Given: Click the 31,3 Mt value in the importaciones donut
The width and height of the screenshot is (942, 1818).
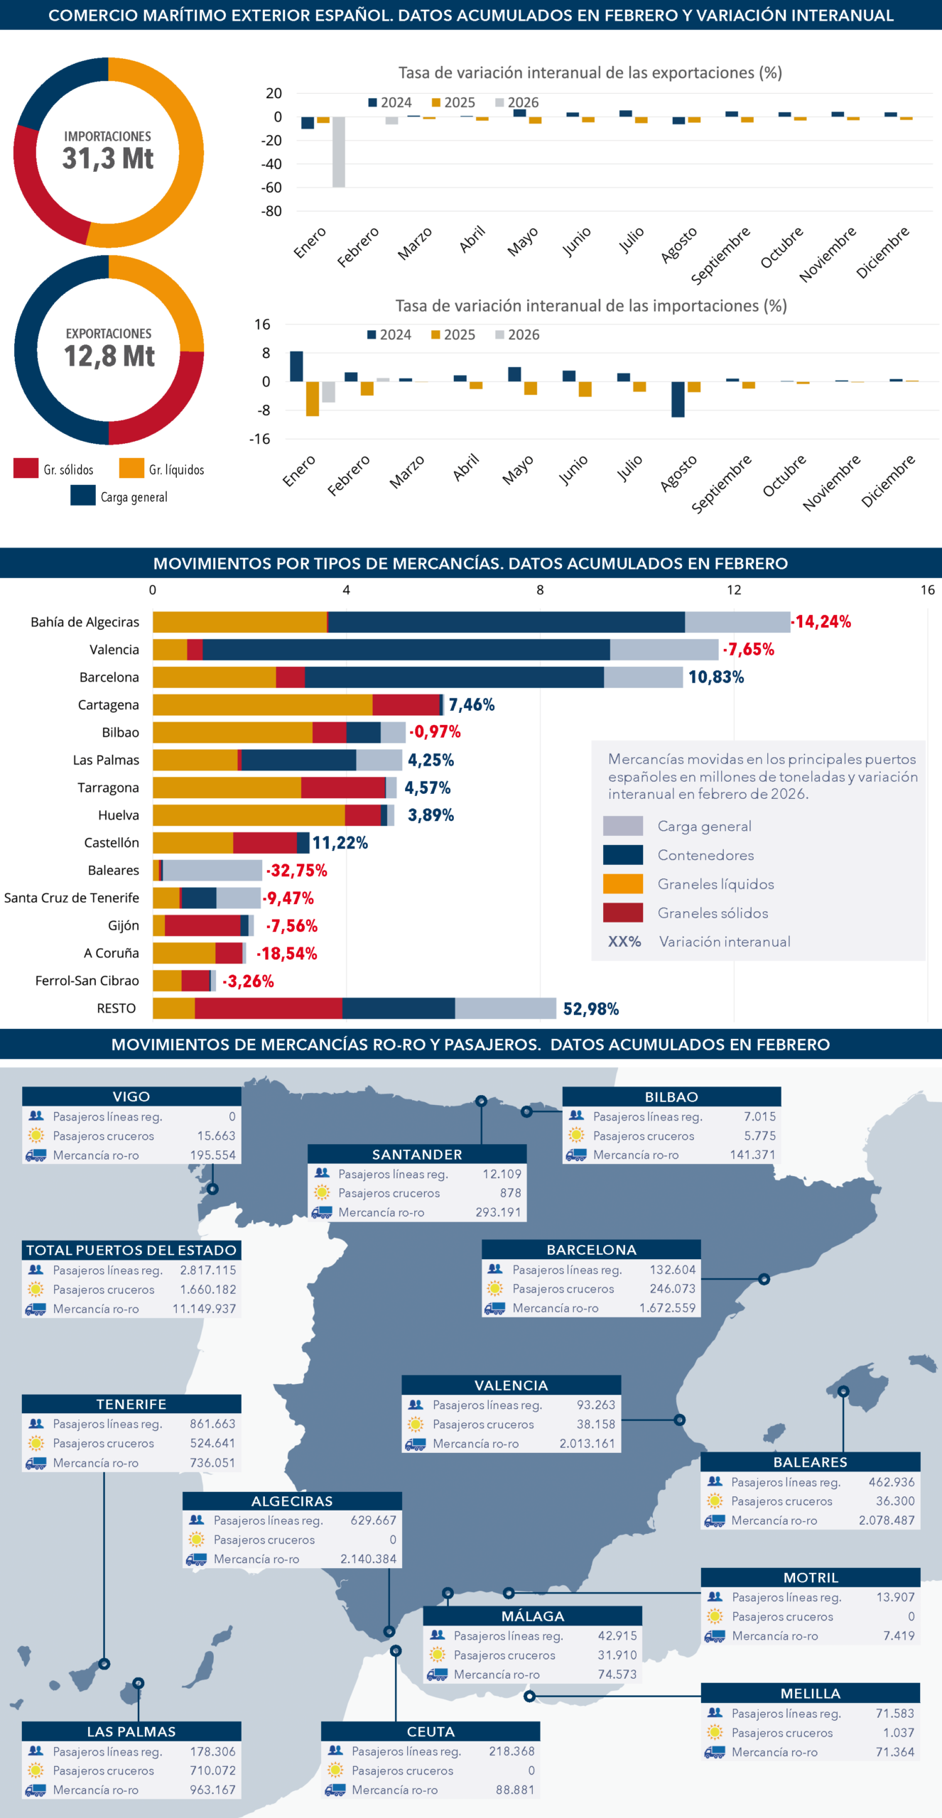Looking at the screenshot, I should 108,158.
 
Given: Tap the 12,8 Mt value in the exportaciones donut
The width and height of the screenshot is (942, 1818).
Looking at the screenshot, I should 109,356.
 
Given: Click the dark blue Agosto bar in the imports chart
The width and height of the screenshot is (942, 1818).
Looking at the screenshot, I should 678,398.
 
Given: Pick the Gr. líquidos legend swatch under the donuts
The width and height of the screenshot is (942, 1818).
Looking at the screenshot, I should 131,469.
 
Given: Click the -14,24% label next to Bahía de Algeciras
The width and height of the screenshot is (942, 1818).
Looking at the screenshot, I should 822,622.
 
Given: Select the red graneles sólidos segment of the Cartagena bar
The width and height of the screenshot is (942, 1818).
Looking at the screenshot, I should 406,704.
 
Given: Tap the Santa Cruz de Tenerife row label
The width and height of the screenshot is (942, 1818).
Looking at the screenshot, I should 72,898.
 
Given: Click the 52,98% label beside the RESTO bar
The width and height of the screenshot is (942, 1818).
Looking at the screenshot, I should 590,1009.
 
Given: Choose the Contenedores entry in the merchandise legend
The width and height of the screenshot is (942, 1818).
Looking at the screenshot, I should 705,855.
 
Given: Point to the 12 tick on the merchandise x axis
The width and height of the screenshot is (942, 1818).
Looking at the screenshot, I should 733,590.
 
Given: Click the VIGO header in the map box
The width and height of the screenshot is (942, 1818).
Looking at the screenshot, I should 131,1096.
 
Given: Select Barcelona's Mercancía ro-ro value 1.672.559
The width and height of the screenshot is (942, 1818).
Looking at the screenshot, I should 667,1308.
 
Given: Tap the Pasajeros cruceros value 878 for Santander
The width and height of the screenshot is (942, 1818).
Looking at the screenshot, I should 510,1193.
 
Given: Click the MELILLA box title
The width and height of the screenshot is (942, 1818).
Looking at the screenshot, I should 810,1694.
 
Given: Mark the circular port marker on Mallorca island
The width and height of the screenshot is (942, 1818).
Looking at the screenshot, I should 843,1391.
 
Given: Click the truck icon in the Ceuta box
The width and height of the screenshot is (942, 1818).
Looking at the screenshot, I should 335,1790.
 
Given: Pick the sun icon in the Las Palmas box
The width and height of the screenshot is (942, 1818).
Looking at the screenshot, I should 36,1770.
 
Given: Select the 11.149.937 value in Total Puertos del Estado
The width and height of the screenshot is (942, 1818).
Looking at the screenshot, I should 204,1309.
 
